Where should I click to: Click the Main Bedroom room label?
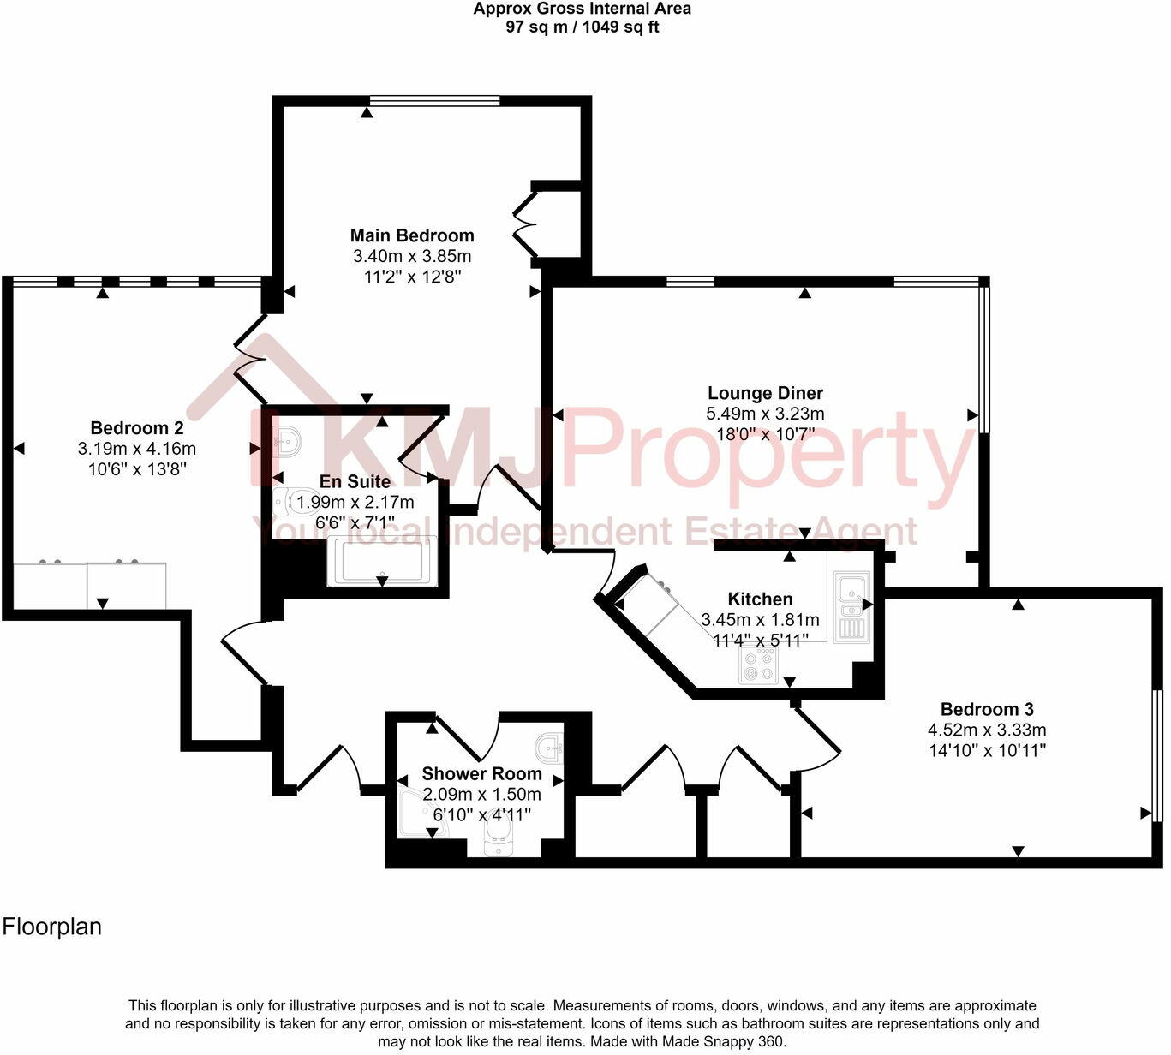click(x=412, y=235)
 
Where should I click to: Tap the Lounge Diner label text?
click(x=765, y=393)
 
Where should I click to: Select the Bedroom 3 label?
click(x=987, y=709)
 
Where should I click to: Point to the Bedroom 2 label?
click(x=137, y=428)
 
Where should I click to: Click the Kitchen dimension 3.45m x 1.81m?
click(x=760, y=619)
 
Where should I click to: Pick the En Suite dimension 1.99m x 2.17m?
click(x=355, y=502)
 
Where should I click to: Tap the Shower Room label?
click(x=481, y=774)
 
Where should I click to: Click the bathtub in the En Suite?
click(x=382, y=563)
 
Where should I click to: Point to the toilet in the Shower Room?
click(x=498, y=837)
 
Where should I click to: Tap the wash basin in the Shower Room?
click(x=548, y=748)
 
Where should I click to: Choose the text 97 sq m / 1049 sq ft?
click(x=583, y=27)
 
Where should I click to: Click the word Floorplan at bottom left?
click(x=52, y=927)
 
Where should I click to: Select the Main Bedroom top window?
click(x=434, y=101)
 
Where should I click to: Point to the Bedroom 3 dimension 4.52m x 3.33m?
click(x=987, y=730)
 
